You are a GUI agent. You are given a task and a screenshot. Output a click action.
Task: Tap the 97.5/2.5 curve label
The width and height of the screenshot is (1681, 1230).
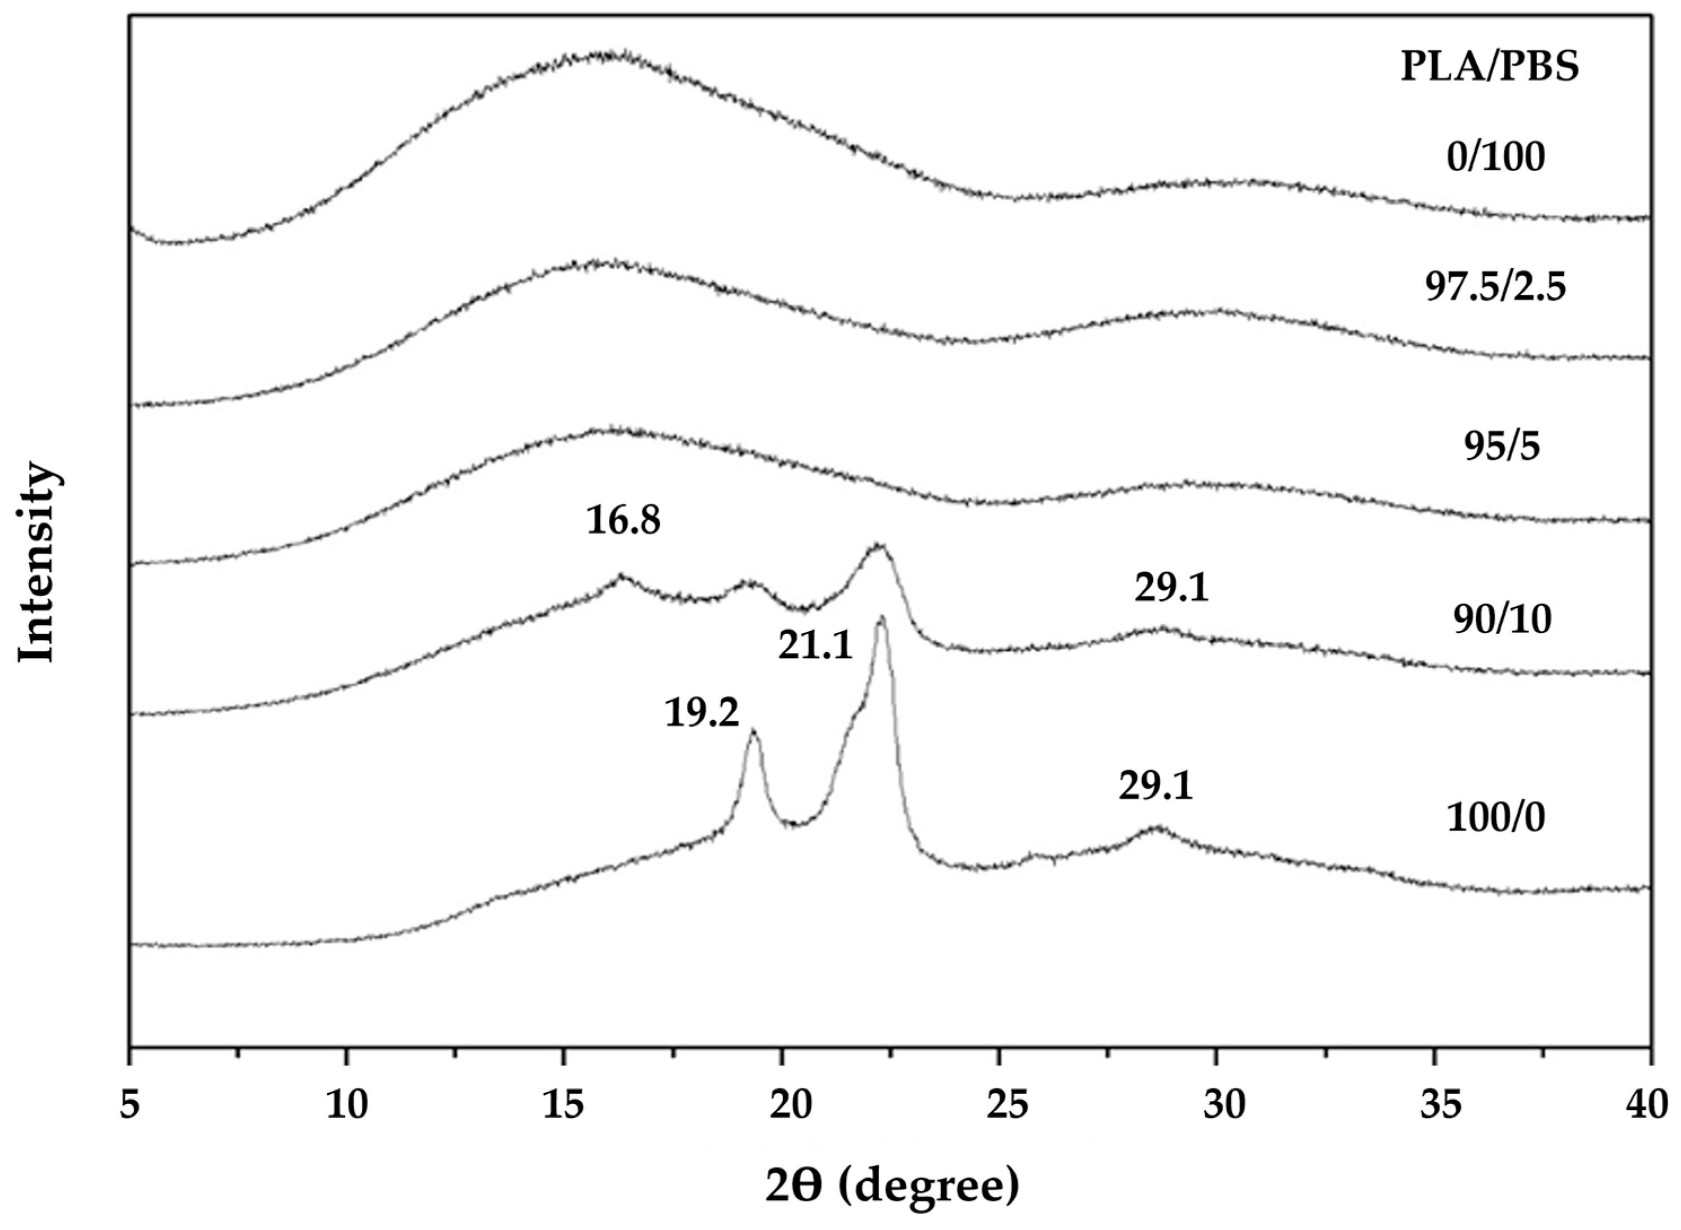[1495, 287]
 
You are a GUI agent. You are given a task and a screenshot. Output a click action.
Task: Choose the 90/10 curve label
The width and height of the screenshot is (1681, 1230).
[1502, 620]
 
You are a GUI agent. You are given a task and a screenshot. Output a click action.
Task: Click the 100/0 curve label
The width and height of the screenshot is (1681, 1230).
[1495, 818]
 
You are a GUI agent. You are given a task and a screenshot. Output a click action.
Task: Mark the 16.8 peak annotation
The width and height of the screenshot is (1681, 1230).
[623, 520]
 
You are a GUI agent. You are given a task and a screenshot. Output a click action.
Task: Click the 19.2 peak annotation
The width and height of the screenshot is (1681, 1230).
[701, 713]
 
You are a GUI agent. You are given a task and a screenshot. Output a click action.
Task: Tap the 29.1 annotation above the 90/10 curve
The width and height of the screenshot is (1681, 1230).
[1172, 588]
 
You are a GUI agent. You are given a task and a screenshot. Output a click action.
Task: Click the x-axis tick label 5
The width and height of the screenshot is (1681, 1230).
[130, 1106]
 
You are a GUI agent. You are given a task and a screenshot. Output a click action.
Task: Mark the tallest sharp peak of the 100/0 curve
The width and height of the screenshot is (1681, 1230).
[881, 618]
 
